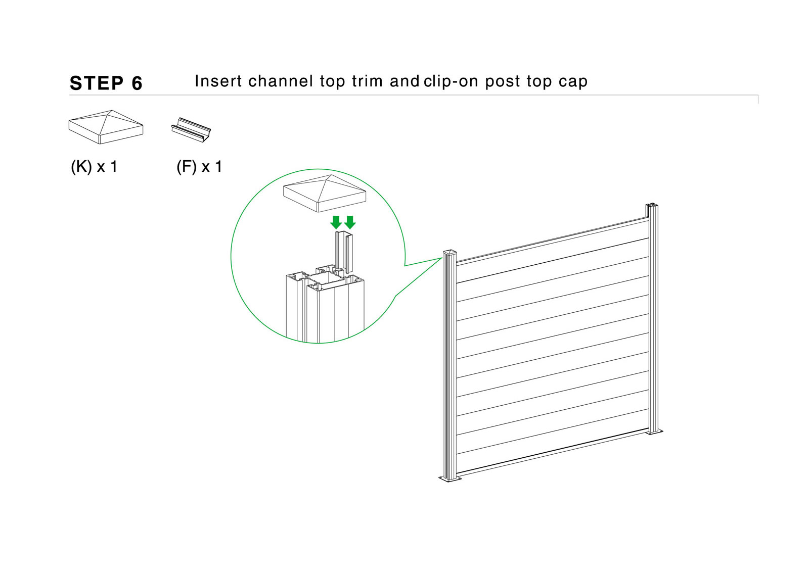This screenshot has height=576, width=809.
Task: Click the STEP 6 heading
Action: point(106,83)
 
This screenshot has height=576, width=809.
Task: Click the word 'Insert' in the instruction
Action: point(218,81)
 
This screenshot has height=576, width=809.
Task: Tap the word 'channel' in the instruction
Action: point(281,81)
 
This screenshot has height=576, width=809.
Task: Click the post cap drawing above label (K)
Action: point(106,127)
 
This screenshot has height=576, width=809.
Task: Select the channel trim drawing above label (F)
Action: point(191,129)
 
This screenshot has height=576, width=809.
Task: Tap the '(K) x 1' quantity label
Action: point(94,167)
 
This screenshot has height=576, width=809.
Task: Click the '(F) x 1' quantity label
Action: point(199,167)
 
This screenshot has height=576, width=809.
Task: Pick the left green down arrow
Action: point(336,222)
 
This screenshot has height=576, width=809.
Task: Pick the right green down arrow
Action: point(349,222)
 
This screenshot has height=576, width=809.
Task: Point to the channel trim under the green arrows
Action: point(344,252)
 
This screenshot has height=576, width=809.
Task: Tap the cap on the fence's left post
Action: point(450,252)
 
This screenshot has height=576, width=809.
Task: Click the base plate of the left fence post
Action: point(450,478)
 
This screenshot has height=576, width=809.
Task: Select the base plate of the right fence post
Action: point(654,431)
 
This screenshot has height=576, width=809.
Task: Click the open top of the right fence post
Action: point(652,205)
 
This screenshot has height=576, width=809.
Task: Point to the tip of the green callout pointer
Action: point(442,258)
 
